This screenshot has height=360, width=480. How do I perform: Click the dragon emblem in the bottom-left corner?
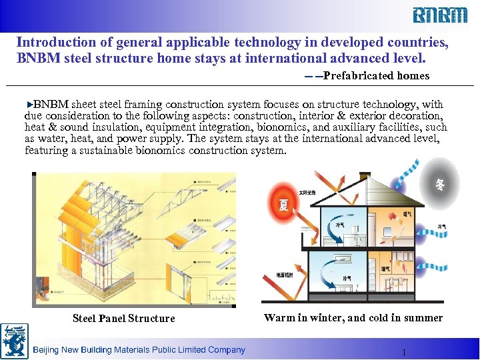[14, 341]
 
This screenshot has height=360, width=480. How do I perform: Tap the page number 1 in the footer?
[404, 352]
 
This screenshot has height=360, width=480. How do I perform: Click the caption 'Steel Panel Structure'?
[123, 318]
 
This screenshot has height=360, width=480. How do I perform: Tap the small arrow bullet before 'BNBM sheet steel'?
[29, 105]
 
